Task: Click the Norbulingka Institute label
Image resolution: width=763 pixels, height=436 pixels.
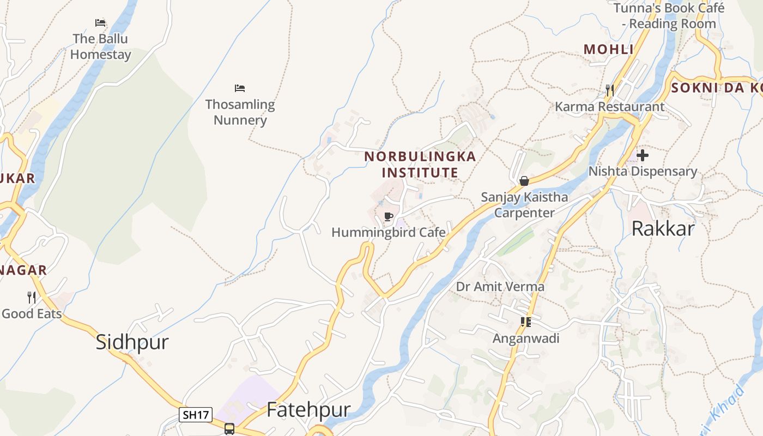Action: pyautogui.click(x=420, y=165)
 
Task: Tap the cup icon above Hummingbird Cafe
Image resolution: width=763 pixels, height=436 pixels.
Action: pyautogui.click(x=389, y=217)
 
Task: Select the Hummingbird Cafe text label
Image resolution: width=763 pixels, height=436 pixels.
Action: pyautogui.click(x=388, y=233)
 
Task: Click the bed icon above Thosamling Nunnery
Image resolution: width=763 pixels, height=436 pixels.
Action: pyautogui.click(x=240, y=88)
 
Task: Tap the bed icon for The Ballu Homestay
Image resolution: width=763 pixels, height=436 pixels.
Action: pyautogui.click(x=100, y=23)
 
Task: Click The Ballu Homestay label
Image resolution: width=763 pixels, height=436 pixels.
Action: pyautogui.click(x=100, y=47)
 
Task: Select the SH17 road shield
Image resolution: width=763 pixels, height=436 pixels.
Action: pyautogui.click(x=196, y=415)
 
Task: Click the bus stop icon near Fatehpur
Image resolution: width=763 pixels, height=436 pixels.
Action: pyautogui.click(x=229, y=428)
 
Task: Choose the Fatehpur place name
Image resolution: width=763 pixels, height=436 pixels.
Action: pyautogui.click(x=308, y=410)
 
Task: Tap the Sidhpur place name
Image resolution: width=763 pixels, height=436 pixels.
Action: pyautogui.click(x=132, y=342)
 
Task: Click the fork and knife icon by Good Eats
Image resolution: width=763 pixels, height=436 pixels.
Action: pyautogui.click(x=32, y=298)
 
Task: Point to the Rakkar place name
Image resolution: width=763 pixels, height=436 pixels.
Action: pyautogui.click(x=663, y=229)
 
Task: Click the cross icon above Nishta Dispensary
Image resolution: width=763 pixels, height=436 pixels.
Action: pyautogui.click(x=643, y=155)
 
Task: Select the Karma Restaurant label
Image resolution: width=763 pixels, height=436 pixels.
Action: pyautogui.click(x=609, y=107)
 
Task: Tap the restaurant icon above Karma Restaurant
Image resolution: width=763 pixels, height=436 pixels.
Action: pyautogui.click(x=610, y=90)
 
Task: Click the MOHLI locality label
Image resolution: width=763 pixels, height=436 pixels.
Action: pyautogui.click(x=609, y=50)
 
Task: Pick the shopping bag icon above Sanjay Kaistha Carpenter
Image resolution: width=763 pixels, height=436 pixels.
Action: pyautogui.click(x=524, y=181)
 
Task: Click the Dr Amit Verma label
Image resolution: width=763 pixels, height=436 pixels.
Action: pyautogui.click(x=500, y=287)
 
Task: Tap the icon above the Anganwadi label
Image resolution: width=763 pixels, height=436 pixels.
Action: pyautogui.click(x=525, y=322)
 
